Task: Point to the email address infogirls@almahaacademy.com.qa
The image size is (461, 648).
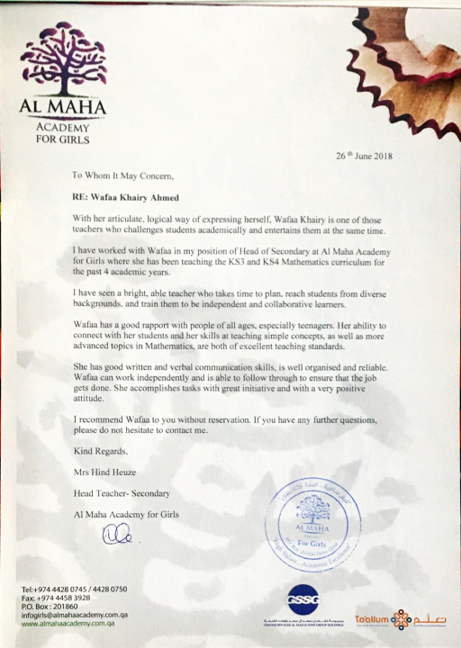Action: [x=72, y=615]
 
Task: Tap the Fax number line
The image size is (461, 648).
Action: [x=57, y=598]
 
